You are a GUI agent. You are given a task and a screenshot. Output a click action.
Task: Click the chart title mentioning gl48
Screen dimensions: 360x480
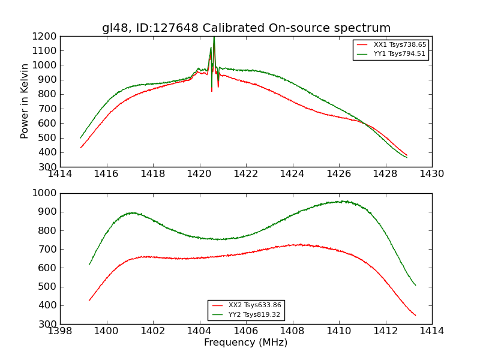[x=246, y=28]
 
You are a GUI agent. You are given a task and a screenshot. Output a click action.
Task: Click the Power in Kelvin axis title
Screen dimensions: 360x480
[x=25, y=101]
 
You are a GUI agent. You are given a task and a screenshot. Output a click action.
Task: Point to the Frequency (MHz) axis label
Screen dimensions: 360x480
[x=245, y=343]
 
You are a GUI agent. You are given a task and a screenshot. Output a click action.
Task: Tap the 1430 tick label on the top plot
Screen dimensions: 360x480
[x=431, y=173]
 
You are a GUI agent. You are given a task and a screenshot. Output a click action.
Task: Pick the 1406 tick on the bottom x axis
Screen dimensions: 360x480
[x=246, y=331]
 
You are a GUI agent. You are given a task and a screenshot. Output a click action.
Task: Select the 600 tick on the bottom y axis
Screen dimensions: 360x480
[x=47, y=268]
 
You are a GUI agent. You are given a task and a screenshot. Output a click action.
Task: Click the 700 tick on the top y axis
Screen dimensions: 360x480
[x=47, y=109]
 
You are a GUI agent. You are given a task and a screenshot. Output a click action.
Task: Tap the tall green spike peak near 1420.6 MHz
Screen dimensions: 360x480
[x=214, y=38]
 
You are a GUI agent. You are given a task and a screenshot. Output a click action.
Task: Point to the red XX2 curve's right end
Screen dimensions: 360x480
[x=415, y=316]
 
